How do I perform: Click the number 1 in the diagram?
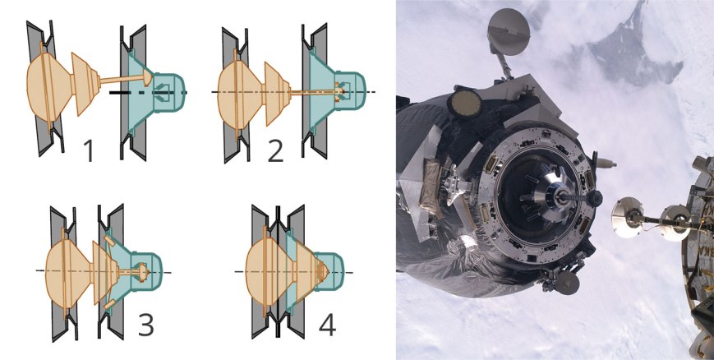click(89, 151)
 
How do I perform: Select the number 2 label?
click(275, 151)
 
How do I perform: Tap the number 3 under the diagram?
click(145, 325)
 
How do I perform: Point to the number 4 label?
click(327, 325)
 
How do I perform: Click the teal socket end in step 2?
click(350, 91)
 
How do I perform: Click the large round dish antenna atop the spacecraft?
click(509, 32)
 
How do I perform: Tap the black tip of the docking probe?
click(594, 198)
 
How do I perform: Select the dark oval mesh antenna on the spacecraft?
click(465, 104)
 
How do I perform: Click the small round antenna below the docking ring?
click(566, 283)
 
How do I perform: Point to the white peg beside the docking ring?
click(606, 163)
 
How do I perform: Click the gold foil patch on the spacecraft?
click(430, 181)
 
